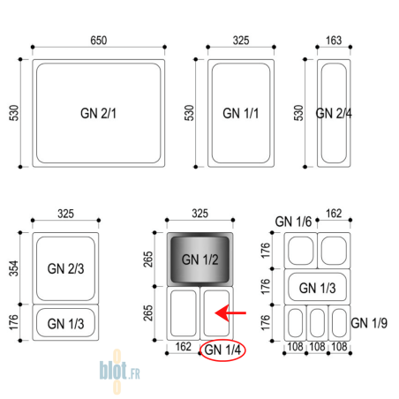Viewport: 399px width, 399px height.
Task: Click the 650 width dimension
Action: point(99,41)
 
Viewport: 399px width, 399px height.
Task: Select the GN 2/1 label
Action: point(99,113)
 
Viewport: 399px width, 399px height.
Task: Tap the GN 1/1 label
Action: point(241,113)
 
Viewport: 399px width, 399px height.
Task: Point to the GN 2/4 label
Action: point(334,113)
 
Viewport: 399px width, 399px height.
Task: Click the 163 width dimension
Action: point(334,41)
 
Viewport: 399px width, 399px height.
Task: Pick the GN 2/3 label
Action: point(65,268)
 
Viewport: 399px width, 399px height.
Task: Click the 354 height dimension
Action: point(14,268)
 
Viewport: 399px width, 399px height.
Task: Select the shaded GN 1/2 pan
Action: point(199,260)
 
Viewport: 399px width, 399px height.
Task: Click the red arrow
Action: point(230,312)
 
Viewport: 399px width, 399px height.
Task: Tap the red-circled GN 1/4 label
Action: point(222,350)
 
